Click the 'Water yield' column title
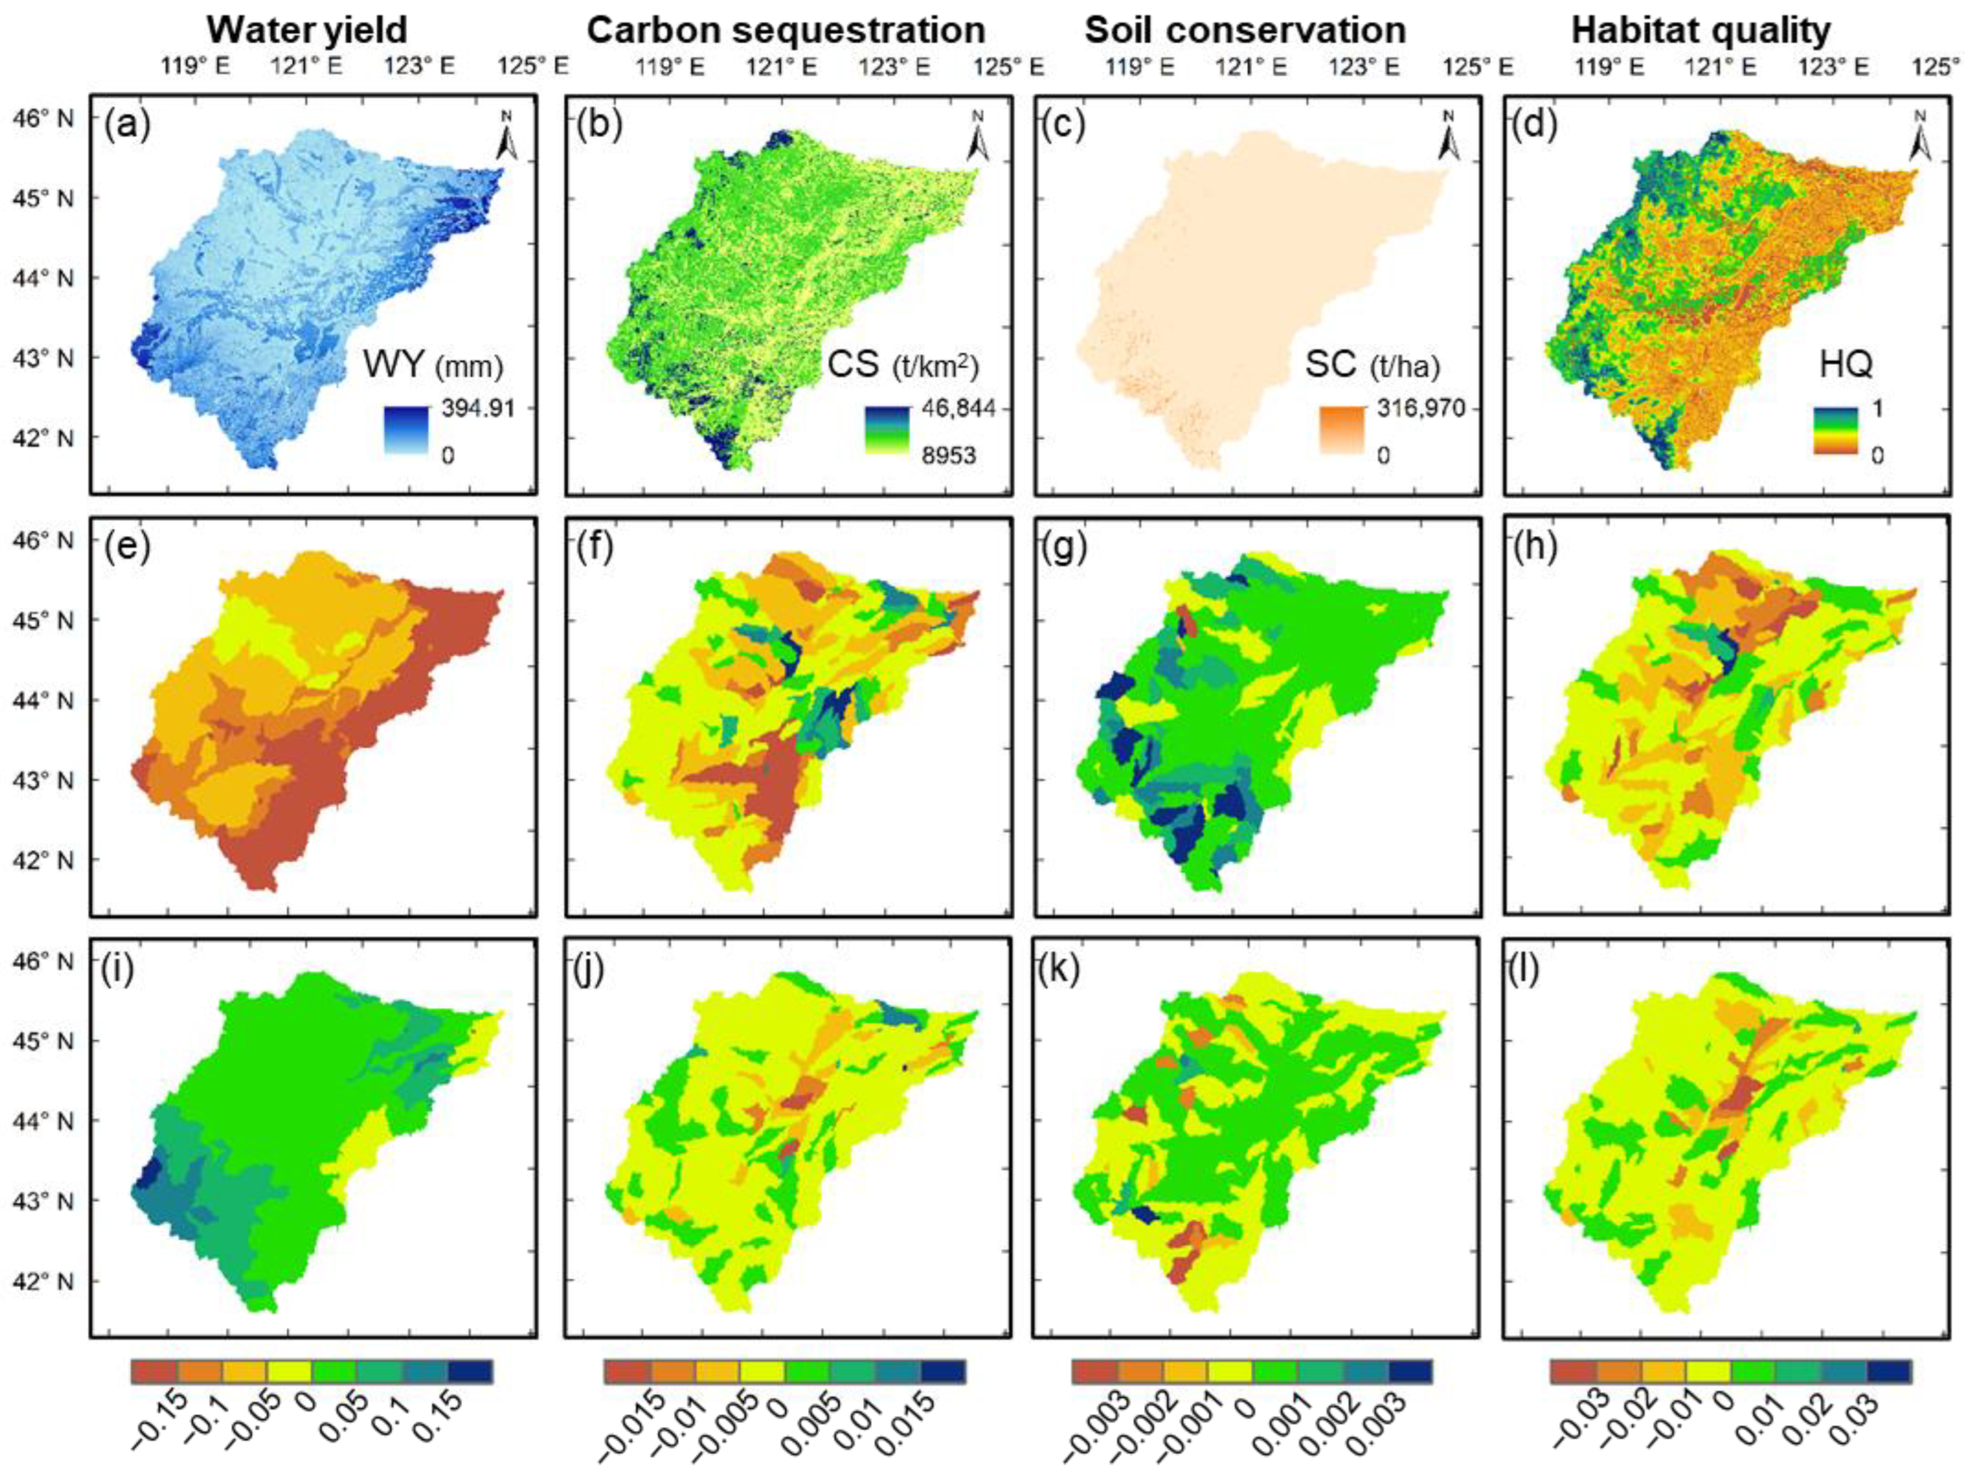[307, 30]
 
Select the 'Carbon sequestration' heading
[785, 30]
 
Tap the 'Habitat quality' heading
[1701, 30]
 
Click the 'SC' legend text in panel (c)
[1328, 364]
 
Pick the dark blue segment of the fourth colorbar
[1890, 1371]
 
